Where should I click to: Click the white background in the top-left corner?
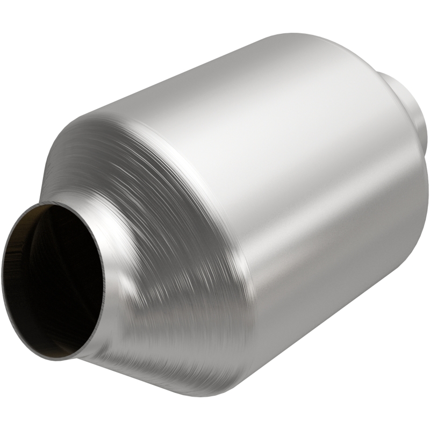(21, 21)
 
